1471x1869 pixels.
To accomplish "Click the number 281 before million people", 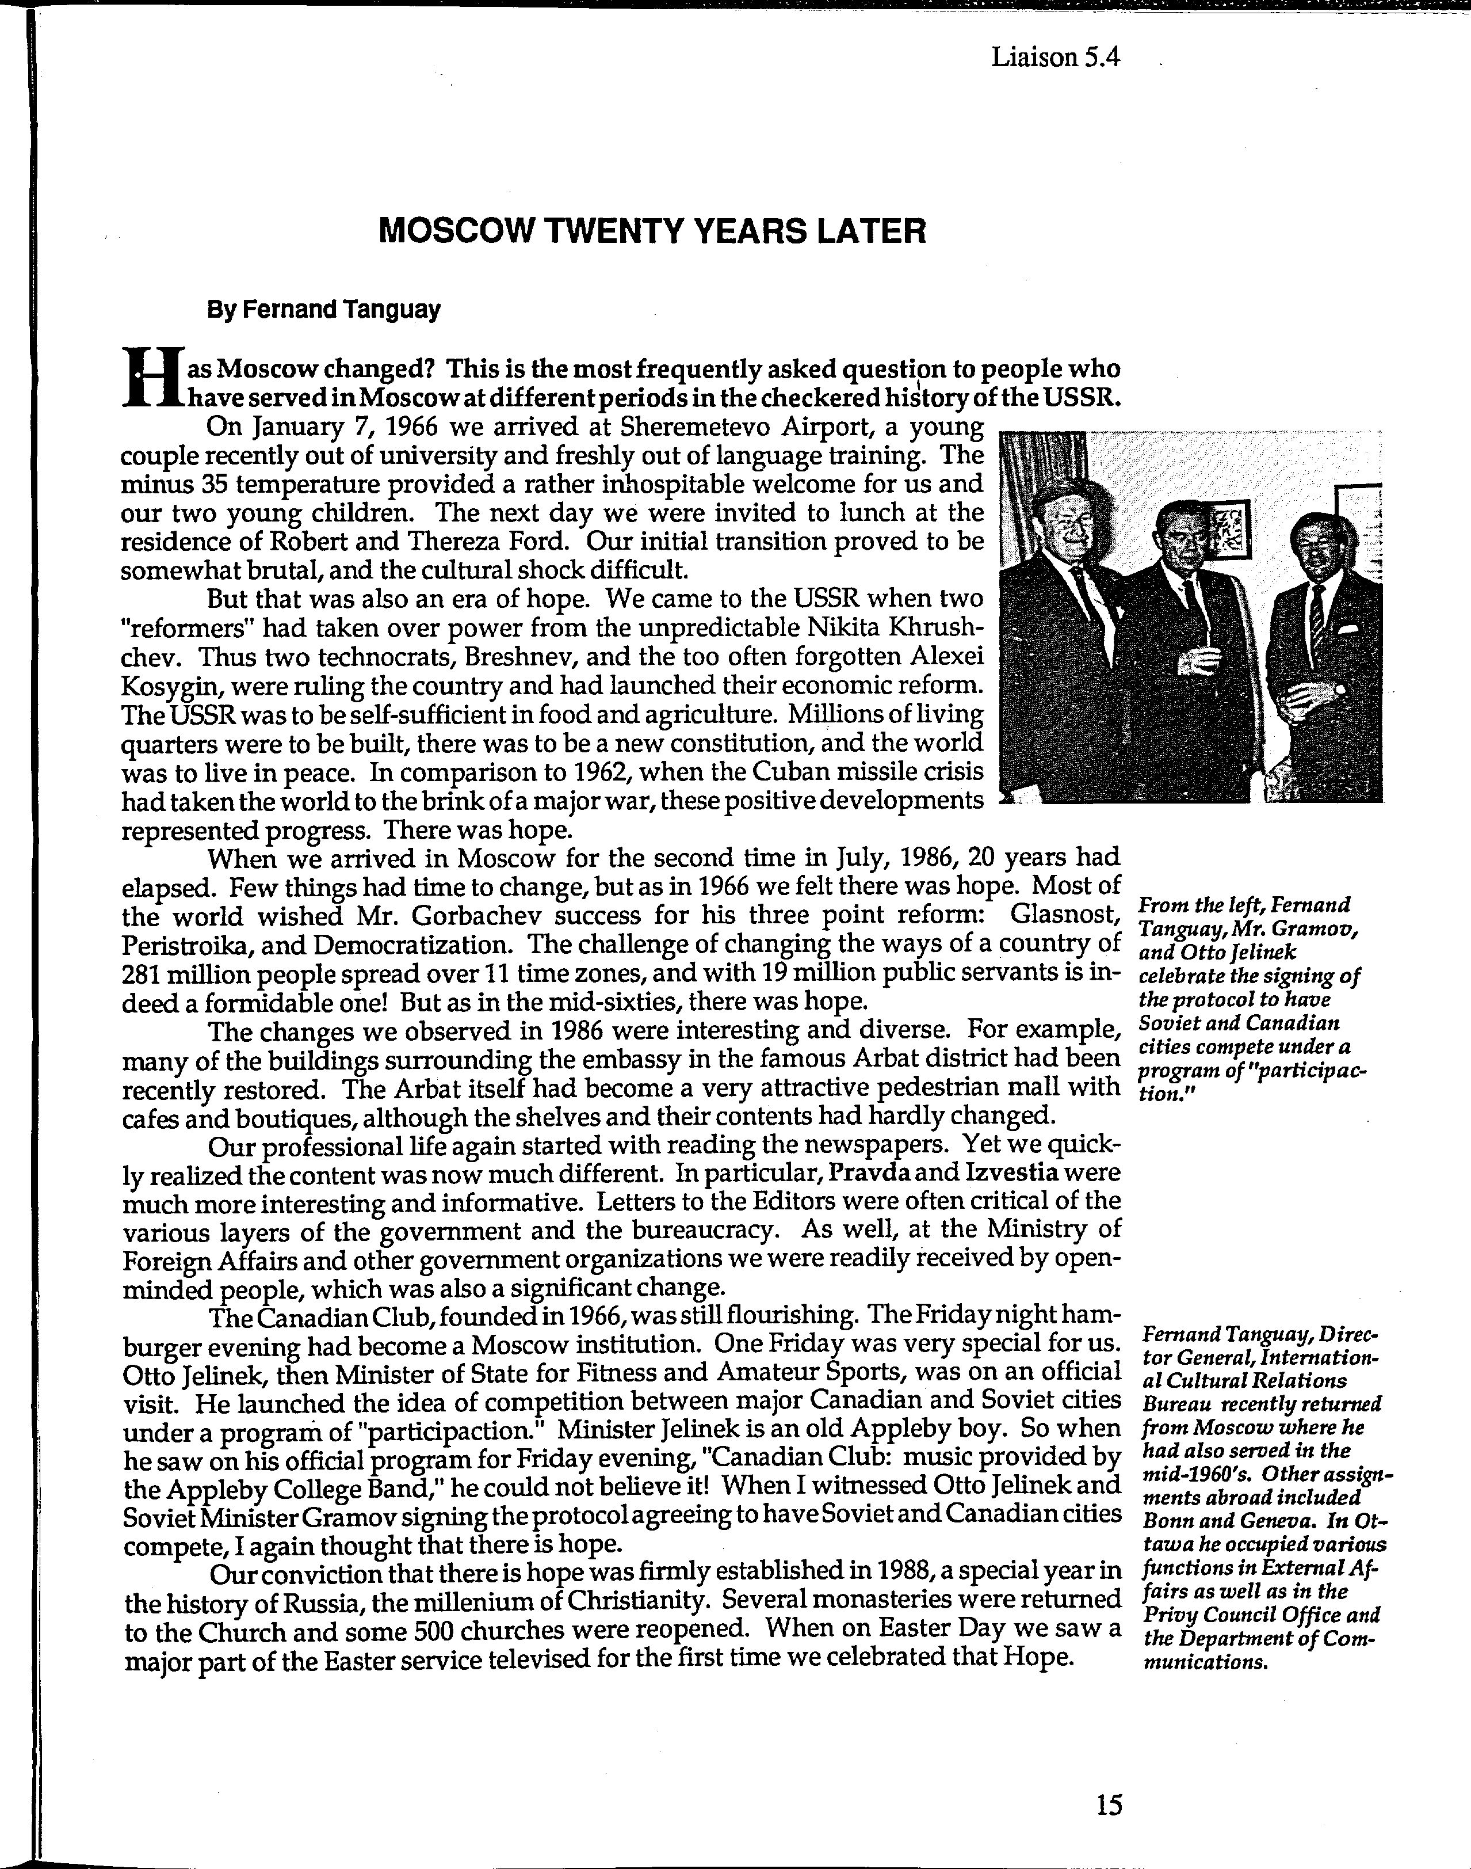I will pos(144,974).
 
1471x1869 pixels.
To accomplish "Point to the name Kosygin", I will pos(170,687).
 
